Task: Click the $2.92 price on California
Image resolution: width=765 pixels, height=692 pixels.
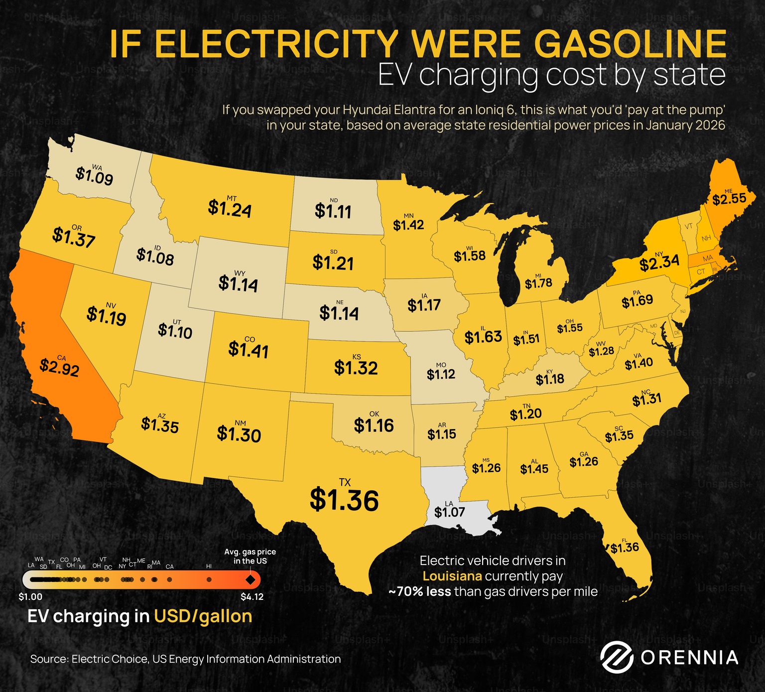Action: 59,368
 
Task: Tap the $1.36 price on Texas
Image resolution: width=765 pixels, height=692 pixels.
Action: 344,500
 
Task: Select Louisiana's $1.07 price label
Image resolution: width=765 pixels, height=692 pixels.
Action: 449,512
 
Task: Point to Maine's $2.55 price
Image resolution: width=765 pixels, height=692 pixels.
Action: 729,199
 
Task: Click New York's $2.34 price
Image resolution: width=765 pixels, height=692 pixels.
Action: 659,263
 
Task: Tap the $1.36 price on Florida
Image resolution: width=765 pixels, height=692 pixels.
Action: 625,548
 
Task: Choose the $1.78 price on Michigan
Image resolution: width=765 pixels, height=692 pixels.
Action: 538,283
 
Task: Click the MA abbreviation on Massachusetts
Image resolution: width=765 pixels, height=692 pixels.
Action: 708,259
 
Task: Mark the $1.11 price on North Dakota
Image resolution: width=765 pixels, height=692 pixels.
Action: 333,211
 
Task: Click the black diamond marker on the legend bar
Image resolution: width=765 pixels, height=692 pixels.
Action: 250,580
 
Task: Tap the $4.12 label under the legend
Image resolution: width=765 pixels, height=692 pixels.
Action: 252,597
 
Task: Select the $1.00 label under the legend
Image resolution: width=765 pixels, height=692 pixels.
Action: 30,597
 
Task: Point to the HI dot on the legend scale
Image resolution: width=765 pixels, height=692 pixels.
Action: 209,579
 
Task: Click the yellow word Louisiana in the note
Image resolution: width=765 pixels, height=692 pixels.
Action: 452,576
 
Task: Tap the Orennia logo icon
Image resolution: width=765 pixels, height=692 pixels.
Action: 616,657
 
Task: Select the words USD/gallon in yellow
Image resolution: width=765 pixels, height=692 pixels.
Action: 203,616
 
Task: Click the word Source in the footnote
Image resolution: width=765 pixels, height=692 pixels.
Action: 48,659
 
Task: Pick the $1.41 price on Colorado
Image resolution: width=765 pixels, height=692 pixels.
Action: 248,350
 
